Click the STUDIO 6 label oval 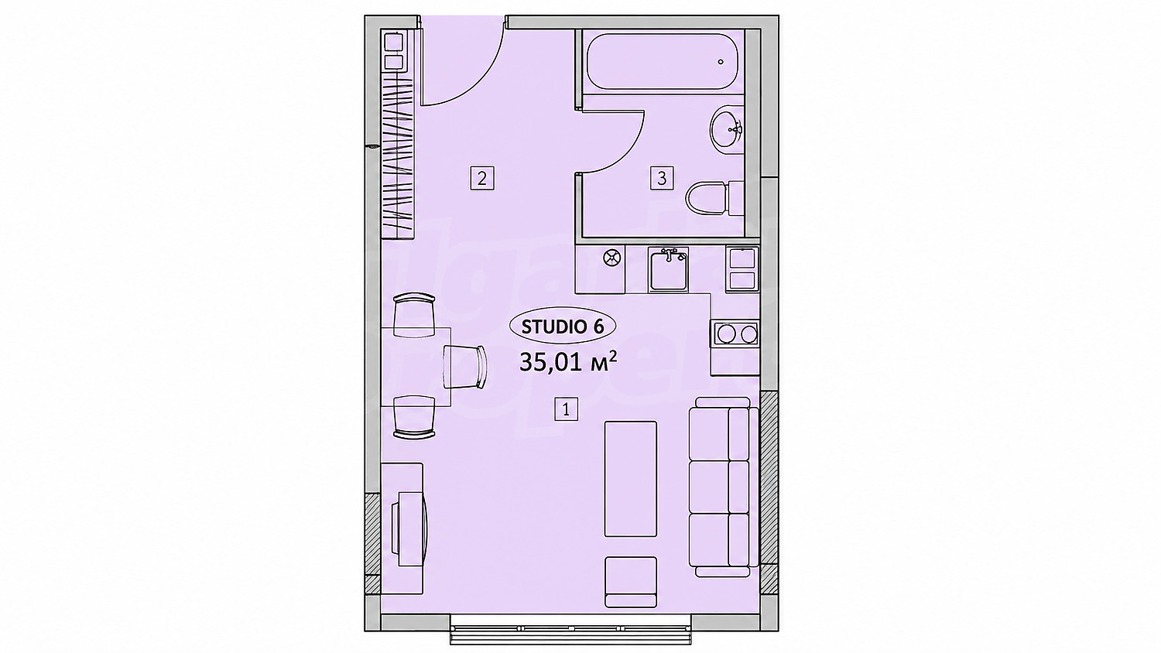[563, 326]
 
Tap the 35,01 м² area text [568, 362]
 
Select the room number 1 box [566, 409]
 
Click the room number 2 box [482, 178]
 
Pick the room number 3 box [662, 178]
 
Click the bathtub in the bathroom [663, 62]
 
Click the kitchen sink [670, 269]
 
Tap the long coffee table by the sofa [631, 479]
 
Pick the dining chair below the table [414, 418]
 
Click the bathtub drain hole [721, 62]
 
